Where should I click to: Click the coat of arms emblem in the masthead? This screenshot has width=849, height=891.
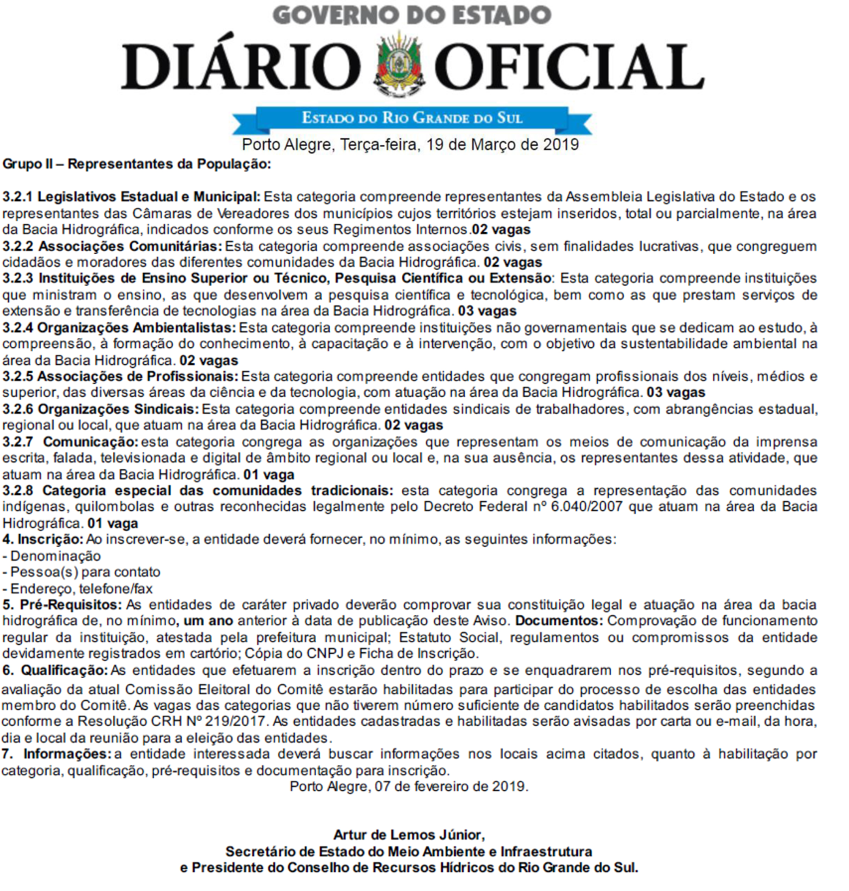tap(399, 63)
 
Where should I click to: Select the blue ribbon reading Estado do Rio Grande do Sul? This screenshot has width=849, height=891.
tap(412, 118)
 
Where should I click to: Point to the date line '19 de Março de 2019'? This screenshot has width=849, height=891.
tap(502, 144)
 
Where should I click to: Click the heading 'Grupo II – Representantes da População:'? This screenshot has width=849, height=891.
tap(137, 164)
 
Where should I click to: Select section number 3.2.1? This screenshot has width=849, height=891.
tap(17, 197)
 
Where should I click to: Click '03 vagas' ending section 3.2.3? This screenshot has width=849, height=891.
tap(487, 311)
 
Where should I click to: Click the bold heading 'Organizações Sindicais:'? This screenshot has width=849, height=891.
tap(118, 409)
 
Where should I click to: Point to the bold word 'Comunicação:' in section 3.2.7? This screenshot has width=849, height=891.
tap(91, 442)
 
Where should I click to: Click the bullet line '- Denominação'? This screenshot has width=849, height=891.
tap(52, 556)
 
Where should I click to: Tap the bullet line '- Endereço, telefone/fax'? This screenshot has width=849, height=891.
tap(77, 589)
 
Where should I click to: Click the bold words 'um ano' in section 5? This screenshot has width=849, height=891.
tap(208, 621)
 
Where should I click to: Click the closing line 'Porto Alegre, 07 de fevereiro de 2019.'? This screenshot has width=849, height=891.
tap(409, 787)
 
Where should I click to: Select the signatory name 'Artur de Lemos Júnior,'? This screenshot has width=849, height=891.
tap(409, 835)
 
